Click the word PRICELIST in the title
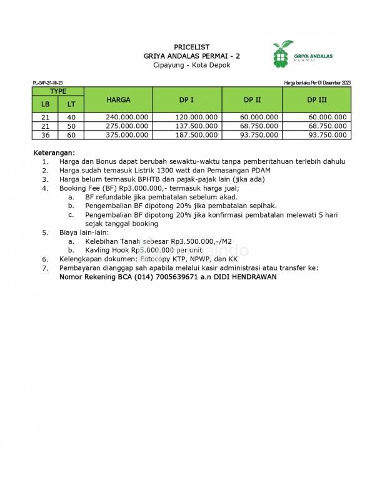point(191,47)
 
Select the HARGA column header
point(118,99)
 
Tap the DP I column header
point(186,99)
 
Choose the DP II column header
point(252,99)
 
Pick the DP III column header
point(317,99)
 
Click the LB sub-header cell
point(45,104)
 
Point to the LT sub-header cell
point(71,104)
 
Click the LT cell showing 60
point(71,134)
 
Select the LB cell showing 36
point(45,134)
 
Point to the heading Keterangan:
point(54,152)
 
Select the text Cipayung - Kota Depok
point(191,65)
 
